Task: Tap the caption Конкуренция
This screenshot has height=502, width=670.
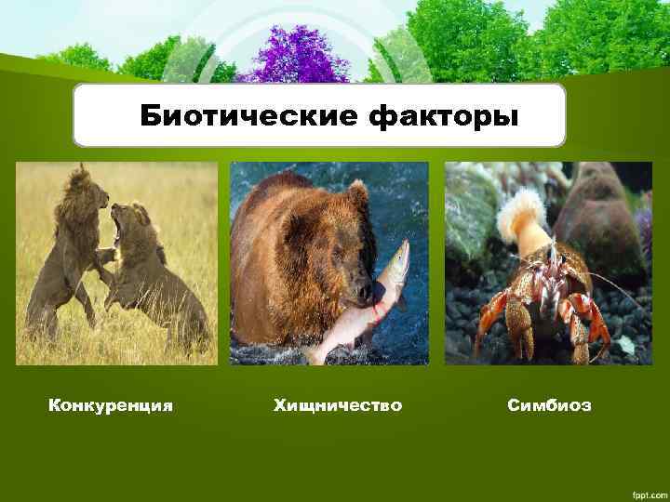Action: pyautogui.click(x=111, y=405)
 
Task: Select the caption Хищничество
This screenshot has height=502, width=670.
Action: pyautogui.click(x=338, y=405)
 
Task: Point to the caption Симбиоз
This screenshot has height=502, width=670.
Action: pyautogui.click(x=549, y=405)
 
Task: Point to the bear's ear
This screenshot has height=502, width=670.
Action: pyautogui.click(x=357, y=194)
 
